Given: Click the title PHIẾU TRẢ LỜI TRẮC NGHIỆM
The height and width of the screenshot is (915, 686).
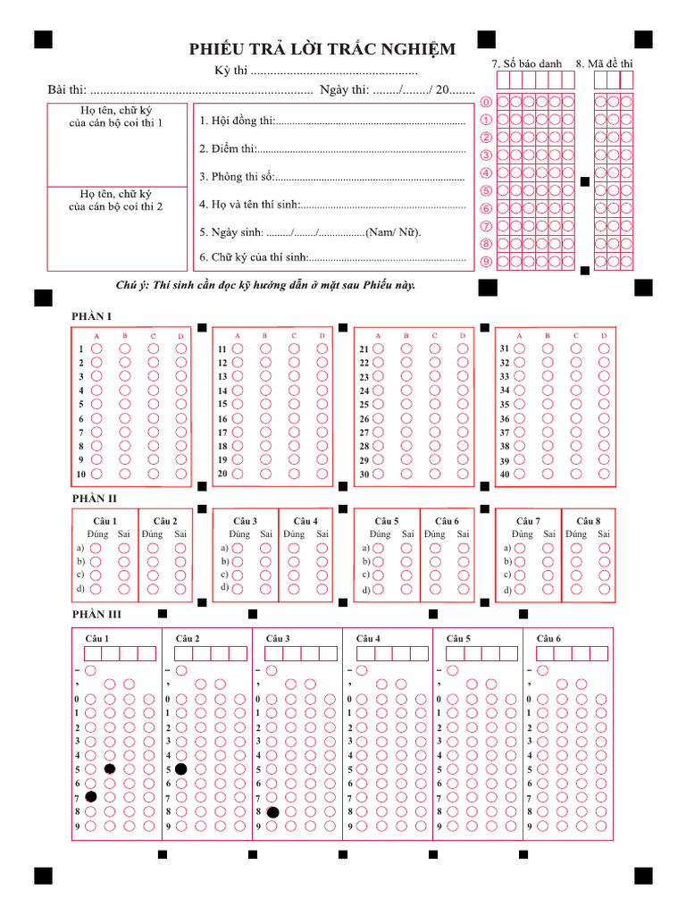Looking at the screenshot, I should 322,49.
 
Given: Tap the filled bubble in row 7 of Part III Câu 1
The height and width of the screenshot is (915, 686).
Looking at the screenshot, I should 91,796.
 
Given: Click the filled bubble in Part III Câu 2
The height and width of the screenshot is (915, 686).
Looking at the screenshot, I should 181,768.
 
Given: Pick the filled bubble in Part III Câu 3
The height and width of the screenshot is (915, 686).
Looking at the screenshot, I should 272,812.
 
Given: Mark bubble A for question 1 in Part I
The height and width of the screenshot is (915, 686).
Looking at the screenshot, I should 97,348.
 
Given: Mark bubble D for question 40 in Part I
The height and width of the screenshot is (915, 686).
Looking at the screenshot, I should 604,474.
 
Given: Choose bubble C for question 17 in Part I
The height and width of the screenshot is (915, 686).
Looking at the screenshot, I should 294,432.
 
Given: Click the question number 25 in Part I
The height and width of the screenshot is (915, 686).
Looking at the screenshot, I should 364,405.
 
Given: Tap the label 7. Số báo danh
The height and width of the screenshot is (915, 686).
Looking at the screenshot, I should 527,63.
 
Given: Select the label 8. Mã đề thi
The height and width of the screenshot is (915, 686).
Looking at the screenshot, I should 604,63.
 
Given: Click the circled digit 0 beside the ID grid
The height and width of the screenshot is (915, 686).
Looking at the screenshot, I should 486,102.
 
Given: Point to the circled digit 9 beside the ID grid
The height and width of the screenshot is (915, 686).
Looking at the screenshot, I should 486,262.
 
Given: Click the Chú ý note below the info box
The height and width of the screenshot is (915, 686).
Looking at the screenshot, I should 265,285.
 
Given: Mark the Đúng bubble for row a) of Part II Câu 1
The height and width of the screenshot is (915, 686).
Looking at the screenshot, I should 96,548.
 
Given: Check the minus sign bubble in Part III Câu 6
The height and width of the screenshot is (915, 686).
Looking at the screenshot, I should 543,670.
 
